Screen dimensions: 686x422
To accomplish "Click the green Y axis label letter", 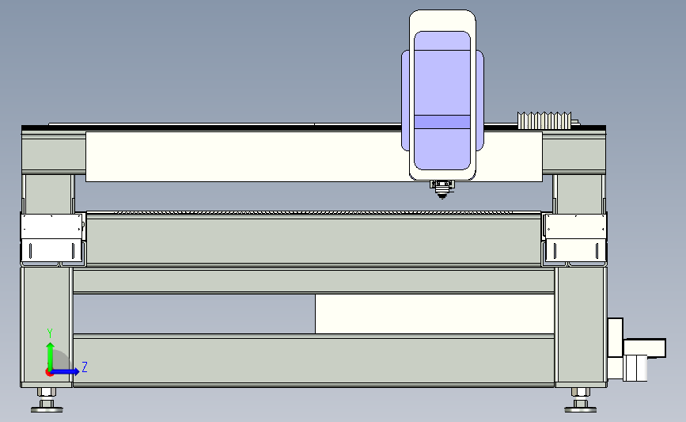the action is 50,333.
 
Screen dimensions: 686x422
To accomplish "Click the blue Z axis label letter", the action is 85,367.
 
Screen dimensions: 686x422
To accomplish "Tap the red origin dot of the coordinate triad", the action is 49,372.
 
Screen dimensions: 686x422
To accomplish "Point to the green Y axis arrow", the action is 51,356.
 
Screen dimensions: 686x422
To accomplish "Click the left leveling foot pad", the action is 47,409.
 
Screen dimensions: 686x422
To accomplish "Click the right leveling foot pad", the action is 581,409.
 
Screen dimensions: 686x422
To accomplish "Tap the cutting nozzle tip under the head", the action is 442,196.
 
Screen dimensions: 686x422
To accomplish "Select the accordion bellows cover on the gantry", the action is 544,120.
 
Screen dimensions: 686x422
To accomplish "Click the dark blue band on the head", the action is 442,122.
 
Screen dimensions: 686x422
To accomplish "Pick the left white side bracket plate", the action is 52,239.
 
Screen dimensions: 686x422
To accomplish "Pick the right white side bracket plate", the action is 575,239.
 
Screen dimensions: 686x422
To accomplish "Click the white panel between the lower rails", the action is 435,314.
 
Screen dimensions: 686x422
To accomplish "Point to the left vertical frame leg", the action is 47,326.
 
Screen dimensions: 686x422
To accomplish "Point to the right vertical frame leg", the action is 581,326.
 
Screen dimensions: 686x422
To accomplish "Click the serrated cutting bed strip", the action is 313,213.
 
